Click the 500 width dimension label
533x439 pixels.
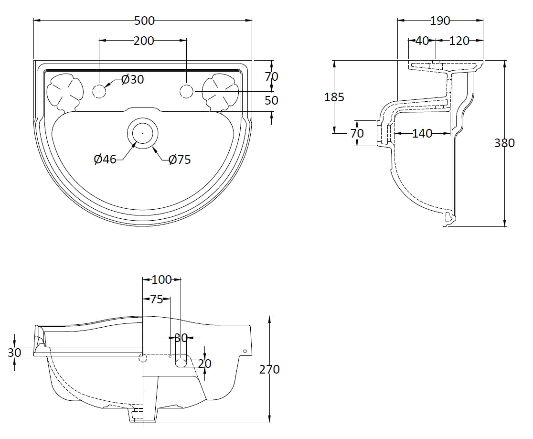point(144,21)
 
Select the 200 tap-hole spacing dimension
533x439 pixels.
point(144,41)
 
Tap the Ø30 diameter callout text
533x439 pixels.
point(132,79)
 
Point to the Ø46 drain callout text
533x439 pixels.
point(105,159)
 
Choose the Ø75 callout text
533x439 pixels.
point(180,160)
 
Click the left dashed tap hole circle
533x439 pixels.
point(99,91)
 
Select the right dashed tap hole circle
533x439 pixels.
point(186,91)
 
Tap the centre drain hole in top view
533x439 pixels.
point(142,132)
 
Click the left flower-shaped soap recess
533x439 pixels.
point(63,91)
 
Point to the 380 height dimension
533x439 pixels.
point(505,142)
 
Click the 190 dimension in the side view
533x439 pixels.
point(440,21)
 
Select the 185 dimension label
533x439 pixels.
point(334,97)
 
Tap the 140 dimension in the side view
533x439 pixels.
point(422,134)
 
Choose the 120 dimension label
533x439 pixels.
point(459,41)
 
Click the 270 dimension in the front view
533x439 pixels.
point(270,369)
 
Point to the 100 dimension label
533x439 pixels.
point(161,279)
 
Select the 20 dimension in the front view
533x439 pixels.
point(205,364)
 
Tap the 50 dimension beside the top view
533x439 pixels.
point(272,100)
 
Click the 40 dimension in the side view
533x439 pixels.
point(422,41)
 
